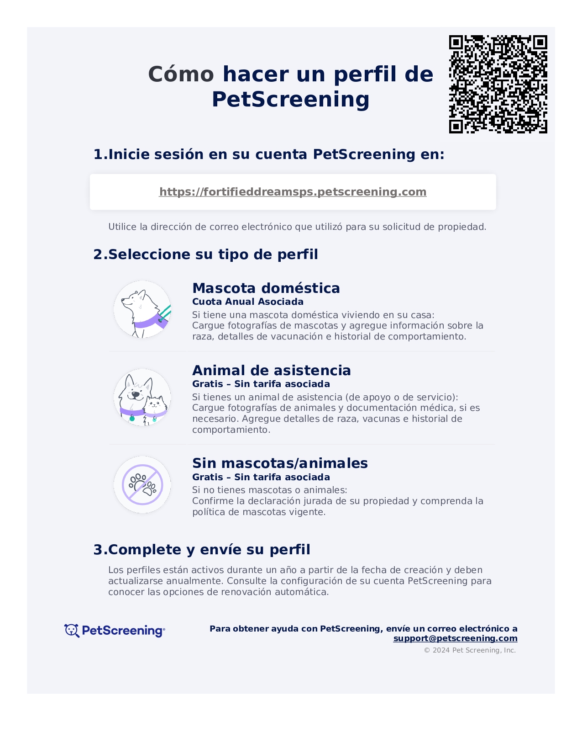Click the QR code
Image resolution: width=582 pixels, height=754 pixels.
[x=498, y=84]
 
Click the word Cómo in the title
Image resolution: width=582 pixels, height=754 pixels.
[x=181, y=74]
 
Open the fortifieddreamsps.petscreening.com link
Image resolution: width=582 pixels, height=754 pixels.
[x=293, y=192]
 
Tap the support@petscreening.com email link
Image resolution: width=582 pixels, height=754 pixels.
[x=455, y=638]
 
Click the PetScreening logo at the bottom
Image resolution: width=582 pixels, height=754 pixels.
[x=115, y=631]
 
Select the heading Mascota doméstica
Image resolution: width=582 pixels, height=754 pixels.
[x=266, y=288]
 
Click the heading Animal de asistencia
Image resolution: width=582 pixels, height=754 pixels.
[x=271, y=371]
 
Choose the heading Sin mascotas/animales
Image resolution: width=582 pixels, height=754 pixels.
[x=279, y=463]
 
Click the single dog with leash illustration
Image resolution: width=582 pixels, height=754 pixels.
[x=142, y=309]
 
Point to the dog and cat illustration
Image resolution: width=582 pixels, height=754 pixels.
[x=142, y=398]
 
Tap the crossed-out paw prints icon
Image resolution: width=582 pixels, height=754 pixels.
[x=142, y=485]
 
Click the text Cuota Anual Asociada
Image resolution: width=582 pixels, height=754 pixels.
[x=247, y=302]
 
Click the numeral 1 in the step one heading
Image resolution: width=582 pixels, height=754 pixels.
[x=98, y=154]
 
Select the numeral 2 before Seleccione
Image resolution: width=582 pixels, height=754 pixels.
[x=98, y=255]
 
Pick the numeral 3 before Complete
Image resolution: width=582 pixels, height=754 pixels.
[x=98, y=550]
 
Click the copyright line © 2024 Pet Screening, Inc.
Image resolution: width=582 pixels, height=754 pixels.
[x=470, y=650]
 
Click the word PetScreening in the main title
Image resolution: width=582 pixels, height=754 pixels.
[x=290, y=100]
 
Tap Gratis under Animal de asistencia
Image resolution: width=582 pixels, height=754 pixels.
[x=208, y=384]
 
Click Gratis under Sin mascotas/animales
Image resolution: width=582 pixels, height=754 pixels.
[x=208, y=477]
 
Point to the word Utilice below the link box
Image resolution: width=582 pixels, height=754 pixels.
[x=122, y=227]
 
